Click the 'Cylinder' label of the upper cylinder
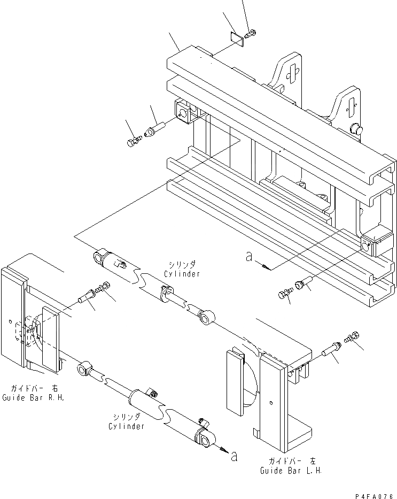[x=182, y=274]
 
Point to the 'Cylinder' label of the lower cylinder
[x=126, y=426]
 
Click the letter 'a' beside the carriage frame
[x=248, y=257]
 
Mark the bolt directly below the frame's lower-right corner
[x=284, y=293]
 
